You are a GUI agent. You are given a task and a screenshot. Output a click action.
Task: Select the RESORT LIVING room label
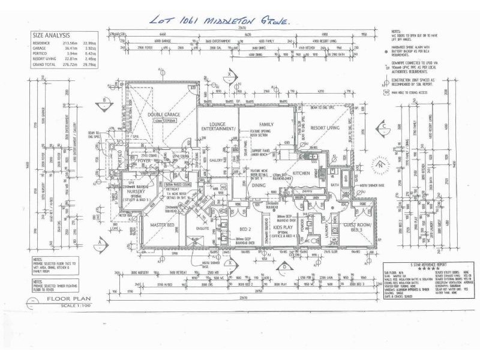325,128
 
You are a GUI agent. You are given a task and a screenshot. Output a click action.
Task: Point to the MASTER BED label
162,225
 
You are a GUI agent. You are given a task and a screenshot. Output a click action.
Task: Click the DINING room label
259,185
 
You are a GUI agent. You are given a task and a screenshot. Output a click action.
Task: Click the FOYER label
143,161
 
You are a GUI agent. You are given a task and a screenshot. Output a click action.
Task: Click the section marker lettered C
382,127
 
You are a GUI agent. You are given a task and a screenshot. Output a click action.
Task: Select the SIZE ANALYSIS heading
51,35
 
